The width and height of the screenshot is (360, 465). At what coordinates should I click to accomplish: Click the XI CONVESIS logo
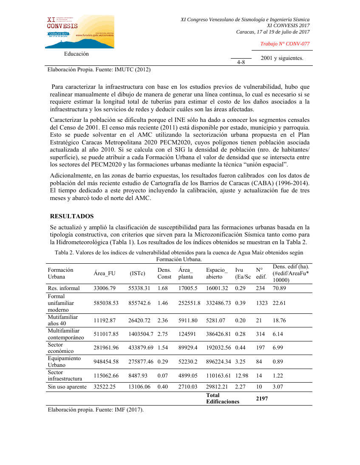coord(80,31)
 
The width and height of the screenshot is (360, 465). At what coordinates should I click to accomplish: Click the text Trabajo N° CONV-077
coord(285,44)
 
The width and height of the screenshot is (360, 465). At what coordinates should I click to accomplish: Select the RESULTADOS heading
coord(72,217)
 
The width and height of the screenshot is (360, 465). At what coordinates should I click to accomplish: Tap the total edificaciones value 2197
coord(261,398)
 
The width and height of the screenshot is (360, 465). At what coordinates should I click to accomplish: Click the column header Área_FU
coord(105,273)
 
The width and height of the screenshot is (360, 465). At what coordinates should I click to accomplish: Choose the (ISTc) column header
coord(137,273)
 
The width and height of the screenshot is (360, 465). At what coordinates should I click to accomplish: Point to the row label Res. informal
coord(64,288)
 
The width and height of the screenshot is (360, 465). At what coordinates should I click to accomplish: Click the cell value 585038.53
coord(106,303)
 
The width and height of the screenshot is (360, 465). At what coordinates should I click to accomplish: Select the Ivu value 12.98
coord(242,376)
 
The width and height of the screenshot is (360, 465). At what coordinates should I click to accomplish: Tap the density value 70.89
coord(280,288)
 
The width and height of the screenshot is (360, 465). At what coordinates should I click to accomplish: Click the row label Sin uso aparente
coord(67,387)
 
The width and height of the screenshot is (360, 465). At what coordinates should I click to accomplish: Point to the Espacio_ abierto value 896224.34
coord(218,361)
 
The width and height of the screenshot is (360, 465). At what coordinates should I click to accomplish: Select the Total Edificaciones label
coord(222,398)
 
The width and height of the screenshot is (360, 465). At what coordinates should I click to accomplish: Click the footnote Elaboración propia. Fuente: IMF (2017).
coord(96,410)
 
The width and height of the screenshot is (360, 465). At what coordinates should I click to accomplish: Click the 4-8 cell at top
coord(241,62)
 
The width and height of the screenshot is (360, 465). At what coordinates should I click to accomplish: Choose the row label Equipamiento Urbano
coord(64,361)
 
